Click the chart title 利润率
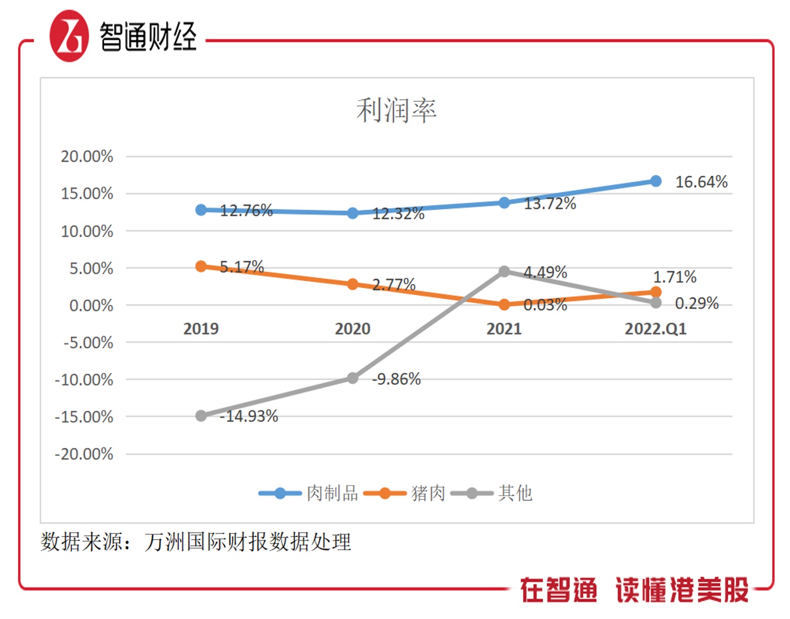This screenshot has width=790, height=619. point(396,110)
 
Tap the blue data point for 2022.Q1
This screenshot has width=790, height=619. point(656,181)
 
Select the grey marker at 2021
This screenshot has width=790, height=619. point(504,271)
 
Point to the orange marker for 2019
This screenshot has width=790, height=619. point(201,266)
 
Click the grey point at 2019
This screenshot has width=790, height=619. point(201,416)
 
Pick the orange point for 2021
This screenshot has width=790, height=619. point(504,304)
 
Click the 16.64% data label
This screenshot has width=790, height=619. point(701,182)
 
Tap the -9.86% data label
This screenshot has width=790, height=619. point(396,379)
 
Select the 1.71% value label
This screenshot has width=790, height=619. point(675,277)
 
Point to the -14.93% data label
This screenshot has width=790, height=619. point(249,416)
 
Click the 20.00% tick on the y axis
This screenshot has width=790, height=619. point(87,157)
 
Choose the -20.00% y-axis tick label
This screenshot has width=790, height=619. point(84,454)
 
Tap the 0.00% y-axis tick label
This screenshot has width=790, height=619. point(91,306)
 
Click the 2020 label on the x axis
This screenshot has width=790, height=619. point(352,329)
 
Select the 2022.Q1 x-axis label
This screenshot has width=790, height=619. point(656,329)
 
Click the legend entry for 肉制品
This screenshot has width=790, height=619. point(309,494)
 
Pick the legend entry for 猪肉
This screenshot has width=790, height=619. point(407,494)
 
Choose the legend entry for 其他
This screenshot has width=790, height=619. point(492,494)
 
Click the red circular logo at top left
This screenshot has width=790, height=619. point(69,36)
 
